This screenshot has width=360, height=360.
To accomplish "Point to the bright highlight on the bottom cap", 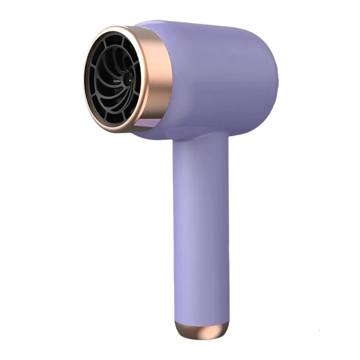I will (216, 328).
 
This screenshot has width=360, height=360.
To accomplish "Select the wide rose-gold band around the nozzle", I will (153, 77).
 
